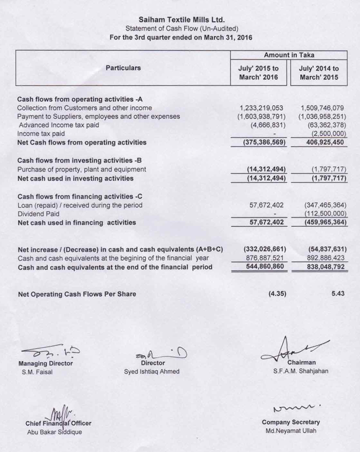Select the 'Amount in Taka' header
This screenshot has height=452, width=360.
(x=289, y=55)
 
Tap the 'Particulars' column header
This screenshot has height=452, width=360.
(x=123, y=68)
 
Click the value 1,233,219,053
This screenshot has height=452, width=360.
(x=262, y=108)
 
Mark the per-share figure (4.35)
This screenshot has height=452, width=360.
(x=277, y=295)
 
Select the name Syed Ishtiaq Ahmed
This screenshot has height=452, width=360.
(x=152, y=372)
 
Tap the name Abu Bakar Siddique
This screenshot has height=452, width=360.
(x=54, y=432)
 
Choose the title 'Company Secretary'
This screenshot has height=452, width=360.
(x=291, y=422)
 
